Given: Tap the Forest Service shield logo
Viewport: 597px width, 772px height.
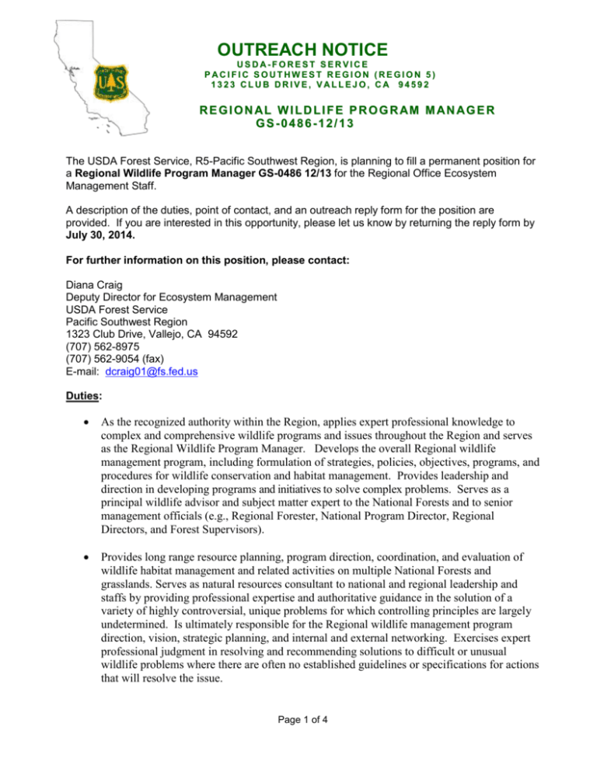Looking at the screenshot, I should click(x=106, y=80).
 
